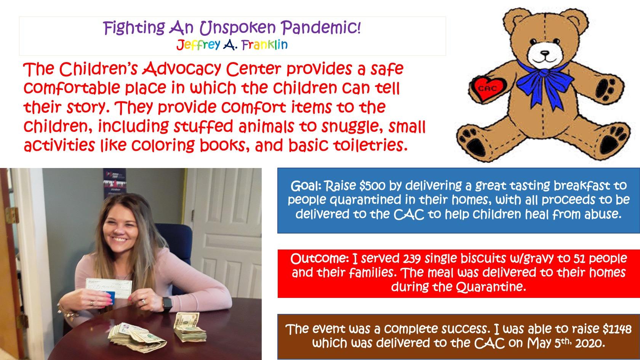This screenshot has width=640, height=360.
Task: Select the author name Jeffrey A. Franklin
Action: tap(232, 45)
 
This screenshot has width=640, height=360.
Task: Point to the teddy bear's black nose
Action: tap(545, 53)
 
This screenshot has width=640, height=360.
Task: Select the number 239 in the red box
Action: tap(412, 259)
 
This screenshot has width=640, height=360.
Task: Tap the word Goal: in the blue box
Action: tap(306, 186)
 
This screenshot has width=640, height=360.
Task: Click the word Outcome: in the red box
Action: tap(320, 259)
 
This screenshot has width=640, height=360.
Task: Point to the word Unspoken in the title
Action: tap(237, 28)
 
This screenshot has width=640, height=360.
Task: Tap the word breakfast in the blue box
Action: tap(582, 186)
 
